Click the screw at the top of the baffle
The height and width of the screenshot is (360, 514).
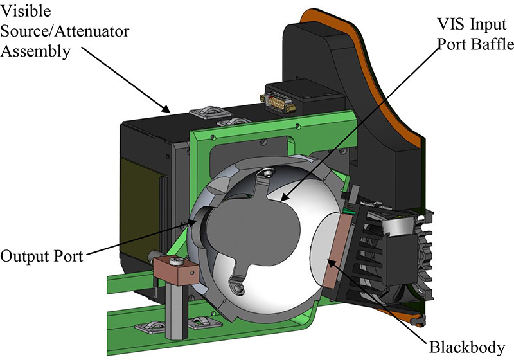(265, 172)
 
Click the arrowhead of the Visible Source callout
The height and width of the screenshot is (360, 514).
(168, 109)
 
